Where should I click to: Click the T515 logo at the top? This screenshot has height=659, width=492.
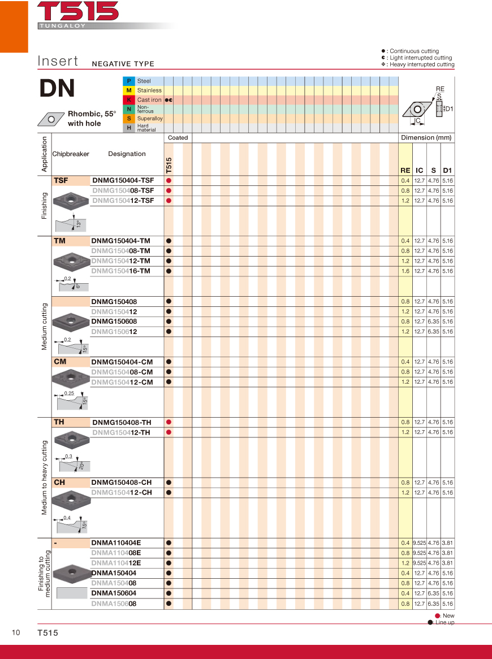78,11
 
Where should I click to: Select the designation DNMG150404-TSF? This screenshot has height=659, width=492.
123,180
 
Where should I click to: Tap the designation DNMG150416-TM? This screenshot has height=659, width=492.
120,271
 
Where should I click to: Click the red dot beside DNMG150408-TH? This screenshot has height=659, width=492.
169,422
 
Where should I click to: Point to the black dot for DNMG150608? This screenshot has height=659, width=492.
169,322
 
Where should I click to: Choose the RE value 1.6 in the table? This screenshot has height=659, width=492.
405,271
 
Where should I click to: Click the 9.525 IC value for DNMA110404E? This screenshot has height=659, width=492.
419,543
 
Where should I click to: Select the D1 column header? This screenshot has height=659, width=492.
447,170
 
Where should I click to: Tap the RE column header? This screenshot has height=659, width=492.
405,170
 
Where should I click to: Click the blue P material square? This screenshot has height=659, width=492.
129,81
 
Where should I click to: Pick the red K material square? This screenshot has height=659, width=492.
129,100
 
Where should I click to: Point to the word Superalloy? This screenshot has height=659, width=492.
150,119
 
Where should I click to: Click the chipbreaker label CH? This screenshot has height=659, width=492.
59,483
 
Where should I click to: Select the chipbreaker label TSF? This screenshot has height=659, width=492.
61,180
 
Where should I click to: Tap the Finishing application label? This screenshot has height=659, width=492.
44,205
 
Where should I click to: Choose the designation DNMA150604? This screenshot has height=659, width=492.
114,593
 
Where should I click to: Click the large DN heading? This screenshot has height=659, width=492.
57,88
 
